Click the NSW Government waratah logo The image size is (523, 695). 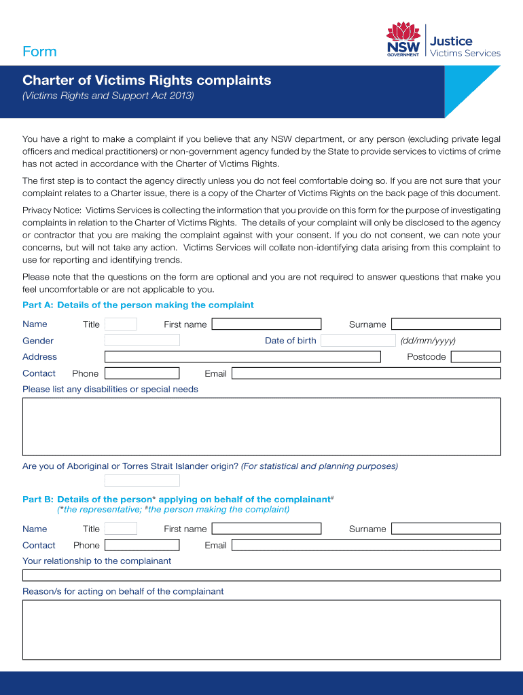click(403, 41)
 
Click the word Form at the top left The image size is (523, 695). click(39, 52)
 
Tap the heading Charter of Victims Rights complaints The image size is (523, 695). click(147, 80)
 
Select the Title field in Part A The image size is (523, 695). click(121, 324)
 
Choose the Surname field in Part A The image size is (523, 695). click(446, 324)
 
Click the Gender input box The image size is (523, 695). click(142, 341)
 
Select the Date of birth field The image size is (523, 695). click(358, 341)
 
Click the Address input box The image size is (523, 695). click(242, 357)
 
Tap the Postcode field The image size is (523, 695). click(475, 357)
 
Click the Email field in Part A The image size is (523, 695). click(366, 373)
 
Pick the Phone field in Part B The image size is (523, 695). click(142, 545)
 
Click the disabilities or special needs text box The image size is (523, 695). click(261, 426)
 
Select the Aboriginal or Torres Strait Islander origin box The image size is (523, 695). click(142, 481)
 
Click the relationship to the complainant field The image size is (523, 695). click(261, 576)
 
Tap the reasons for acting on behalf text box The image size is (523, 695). click(261, 630)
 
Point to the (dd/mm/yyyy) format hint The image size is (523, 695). click(428, 341)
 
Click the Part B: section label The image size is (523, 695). click(38, 500)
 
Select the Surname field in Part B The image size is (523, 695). click(446, 529)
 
